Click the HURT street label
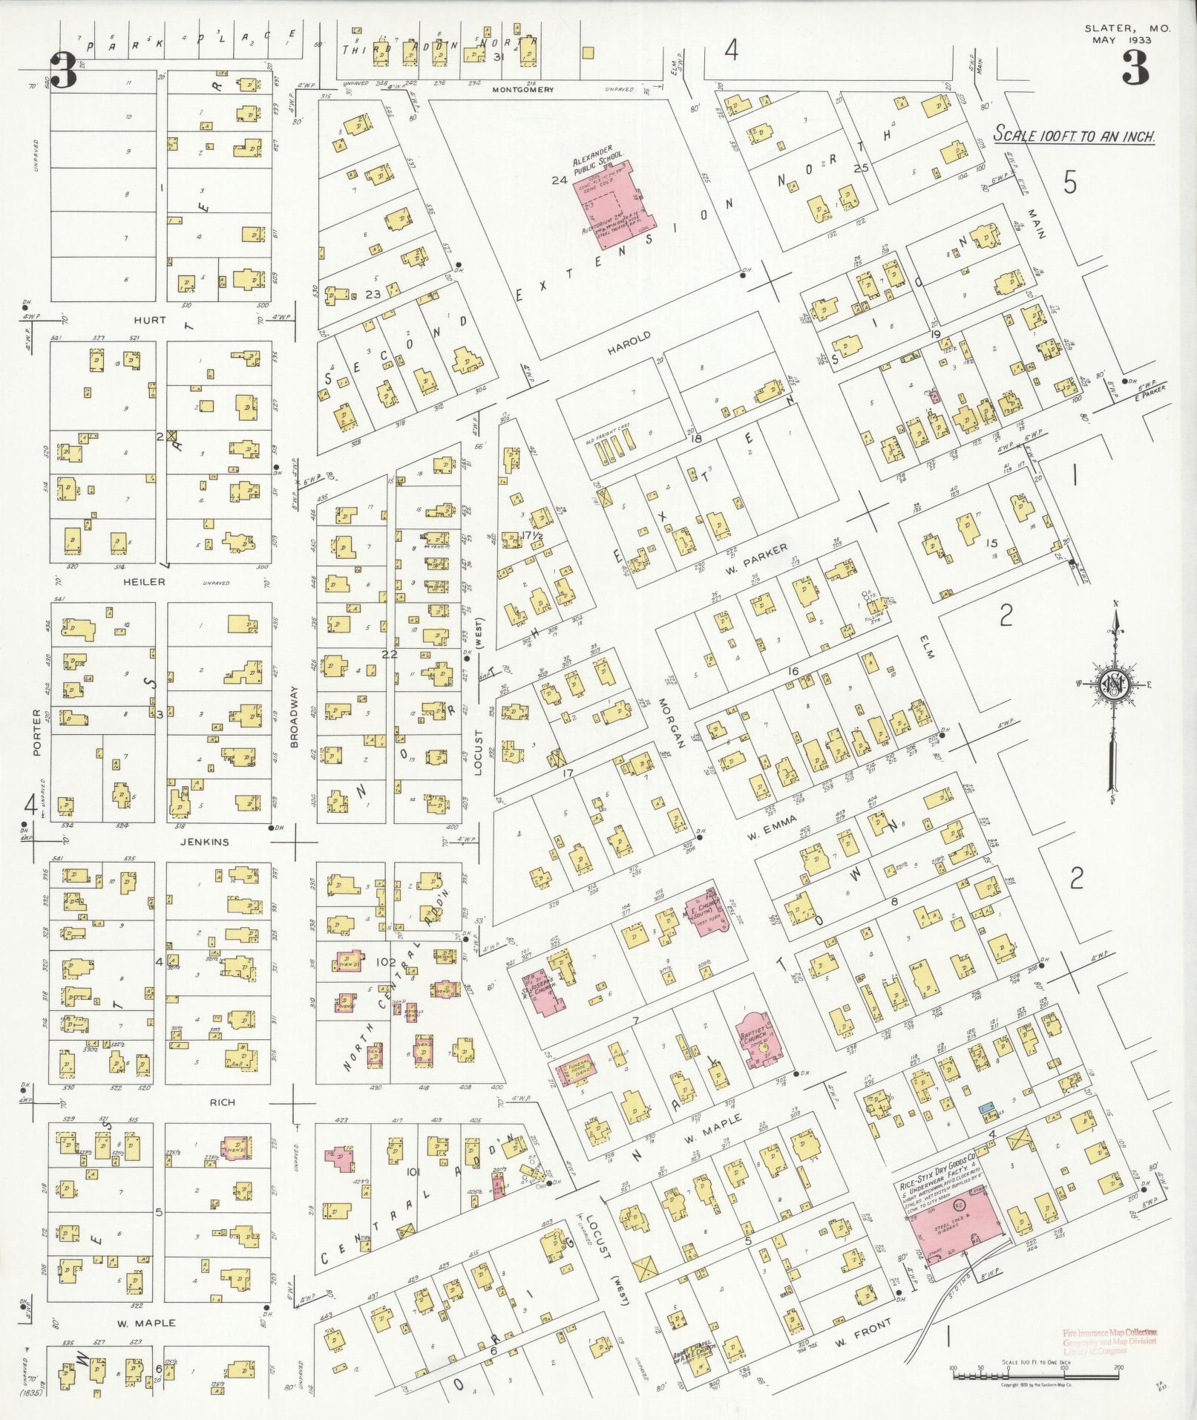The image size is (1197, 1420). (x=151, y=320)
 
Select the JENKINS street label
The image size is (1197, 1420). (x=205, y=842)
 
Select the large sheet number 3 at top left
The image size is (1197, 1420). (x=64, y=72)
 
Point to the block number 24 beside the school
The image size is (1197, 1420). (x=559, y=180)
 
